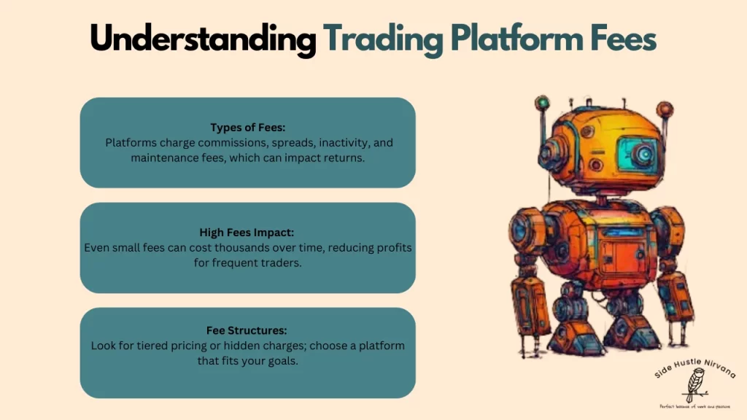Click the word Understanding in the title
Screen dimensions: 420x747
pyautogui.click(x=203, y=39)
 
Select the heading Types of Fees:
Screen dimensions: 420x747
pyautogui.click(x=247, y=128)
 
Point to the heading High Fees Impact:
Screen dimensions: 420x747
pyautogui.click(x=247, y=233)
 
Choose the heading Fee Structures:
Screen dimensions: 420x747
pyautogui.click(x=247, y=330)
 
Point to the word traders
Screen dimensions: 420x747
pyautogui.click(x=277, y=262)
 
